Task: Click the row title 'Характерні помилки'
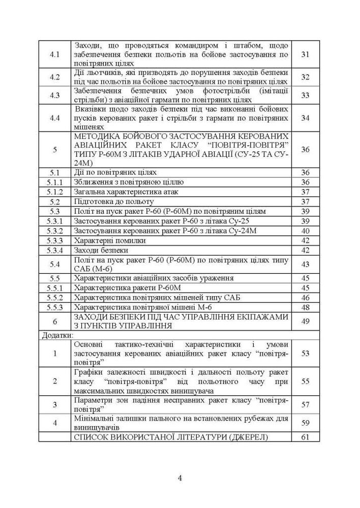(x=110, y=241)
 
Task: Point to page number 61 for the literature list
(x=305, y=437)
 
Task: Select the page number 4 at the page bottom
(x=180, y=478)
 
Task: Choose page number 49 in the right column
(x=305, y=321)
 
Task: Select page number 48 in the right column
(x=305, y=307)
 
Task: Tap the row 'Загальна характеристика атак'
(x=127, y=192)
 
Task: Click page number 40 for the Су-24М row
(x=305, y=231)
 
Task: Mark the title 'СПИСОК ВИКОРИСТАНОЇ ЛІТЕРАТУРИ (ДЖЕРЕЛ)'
(x=171, y=437)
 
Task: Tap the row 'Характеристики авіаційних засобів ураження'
(x=154, y=278)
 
